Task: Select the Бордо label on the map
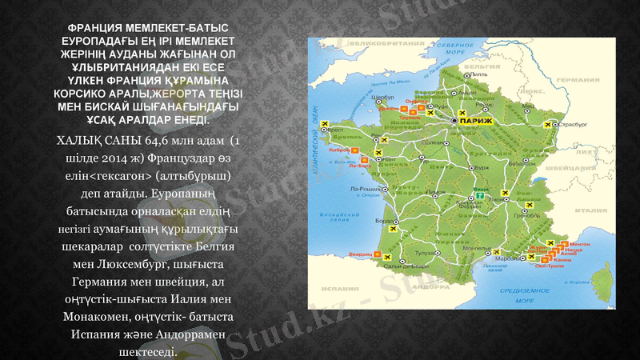[x=382, y=220]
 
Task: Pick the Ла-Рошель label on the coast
[x=365, y=189]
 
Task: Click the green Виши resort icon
[x=480, y=195]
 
